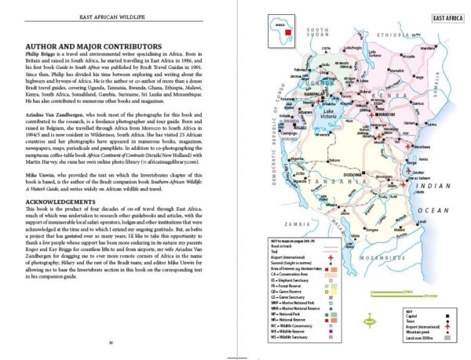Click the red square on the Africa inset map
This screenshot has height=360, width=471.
pos(288,32)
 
